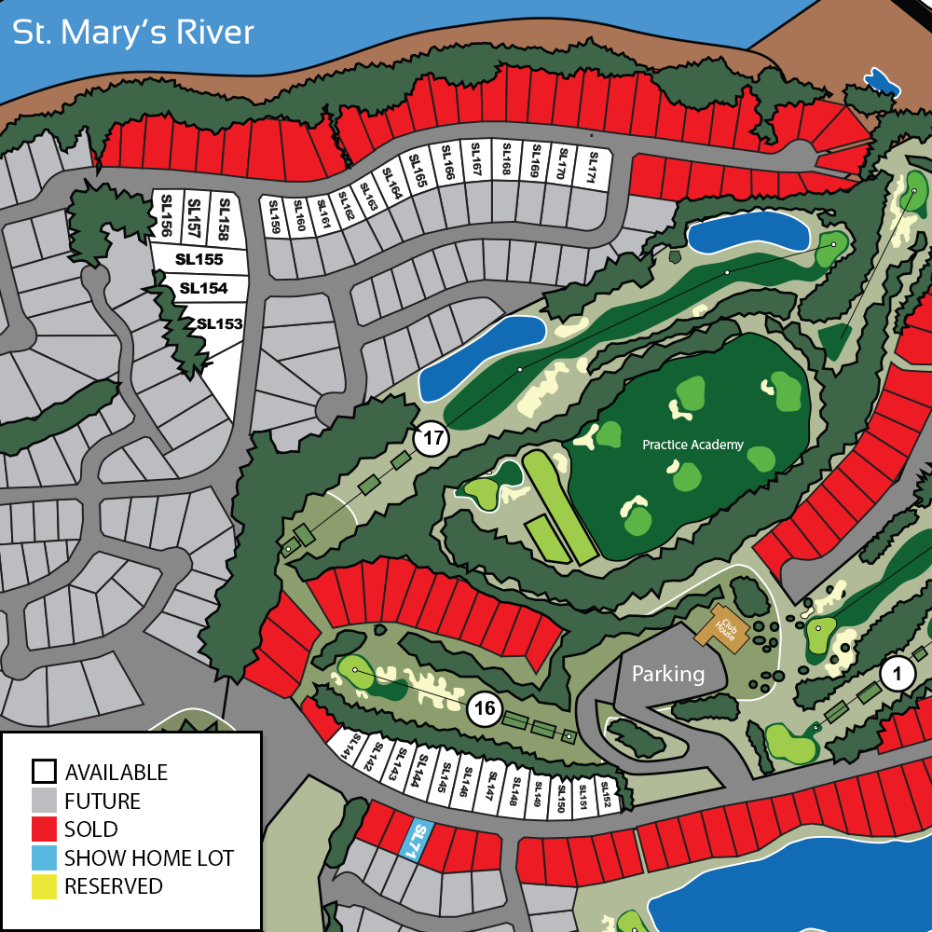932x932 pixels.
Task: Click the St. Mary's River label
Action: pos(132,34)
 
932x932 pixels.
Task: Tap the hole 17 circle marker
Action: pos(432,439)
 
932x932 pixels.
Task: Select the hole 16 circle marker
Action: pos(485,708)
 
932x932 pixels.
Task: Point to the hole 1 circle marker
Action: pos(898,674)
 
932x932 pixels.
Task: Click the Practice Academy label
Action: pos(692,445)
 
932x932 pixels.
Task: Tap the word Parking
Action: pos(668,673)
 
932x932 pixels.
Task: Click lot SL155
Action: pos(200,260)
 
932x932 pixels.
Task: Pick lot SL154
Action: pos(203,289)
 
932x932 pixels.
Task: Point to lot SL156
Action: pos(168,215)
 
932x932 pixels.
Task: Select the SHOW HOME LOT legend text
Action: pos(149,857)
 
